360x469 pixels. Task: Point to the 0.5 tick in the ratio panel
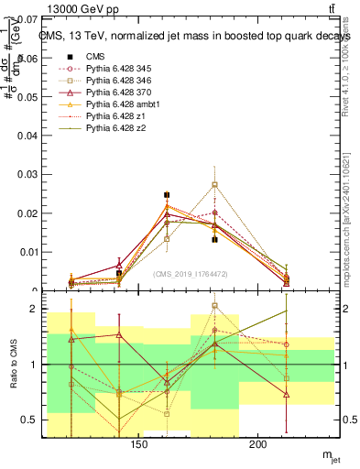tap(29, 420)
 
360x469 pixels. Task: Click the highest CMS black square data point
tap(167, 195)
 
